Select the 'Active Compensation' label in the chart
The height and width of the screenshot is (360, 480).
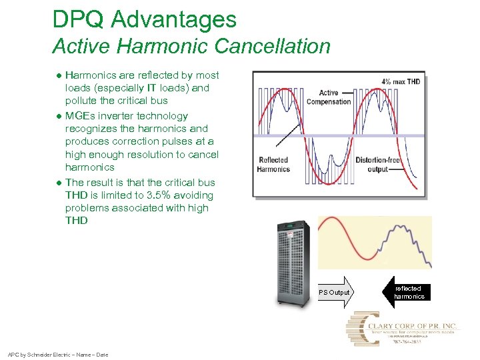pos(329,97)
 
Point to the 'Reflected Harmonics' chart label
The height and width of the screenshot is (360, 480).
pos(273,165)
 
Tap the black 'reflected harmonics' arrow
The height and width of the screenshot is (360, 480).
pos(409,292)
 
